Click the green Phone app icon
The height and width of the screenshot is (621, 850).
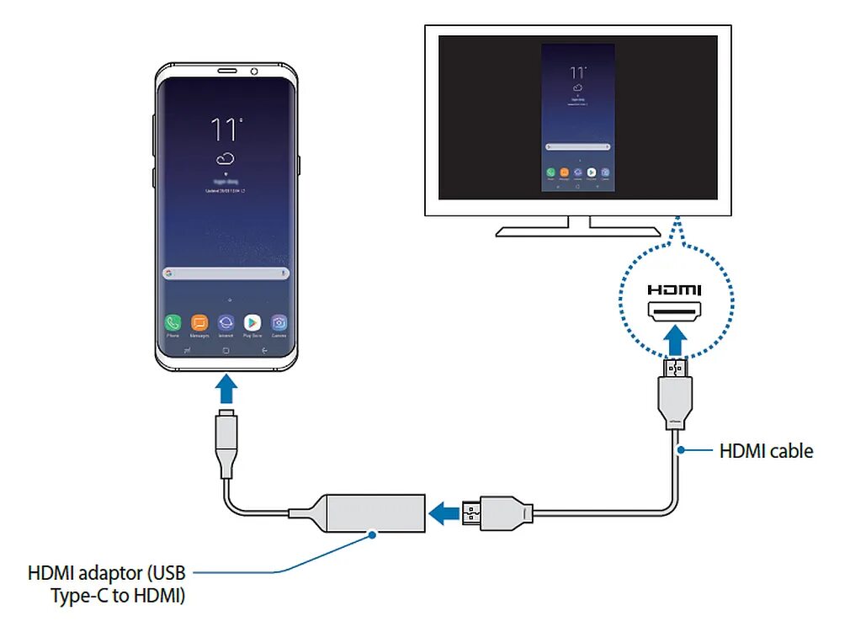[173, 322]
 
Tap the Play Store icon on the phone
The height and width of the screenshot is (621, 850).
[252, 322]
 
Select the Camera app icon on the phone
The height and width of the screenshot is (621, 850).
[279, 322]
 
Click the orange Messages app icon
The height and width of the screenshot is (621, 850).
[199, 322]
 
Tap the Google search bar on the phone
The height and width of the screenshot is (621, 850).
[226, 273]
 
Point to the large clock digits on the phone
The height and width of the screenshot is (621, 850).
[225, 130]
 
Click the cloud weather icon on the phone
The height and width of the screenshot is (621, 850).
[225, 159]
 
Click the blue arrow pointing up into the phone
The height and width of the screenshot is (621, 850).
[226, 389]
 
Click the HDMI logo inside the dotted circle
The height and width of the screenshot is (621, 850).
[675, 290]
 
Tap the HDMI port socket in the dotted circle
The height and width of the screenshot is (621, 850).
[675, 313]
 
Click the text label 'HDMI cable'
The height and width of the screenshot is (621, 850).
[766, 451]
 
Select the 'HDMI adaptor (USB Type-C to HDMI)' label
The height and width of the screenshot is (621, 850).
[106, 585]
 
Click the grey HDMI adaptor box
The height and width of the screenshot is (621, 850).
[375, 511]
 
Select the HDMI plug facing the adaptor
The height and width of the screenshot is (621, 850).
[473, 511]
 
